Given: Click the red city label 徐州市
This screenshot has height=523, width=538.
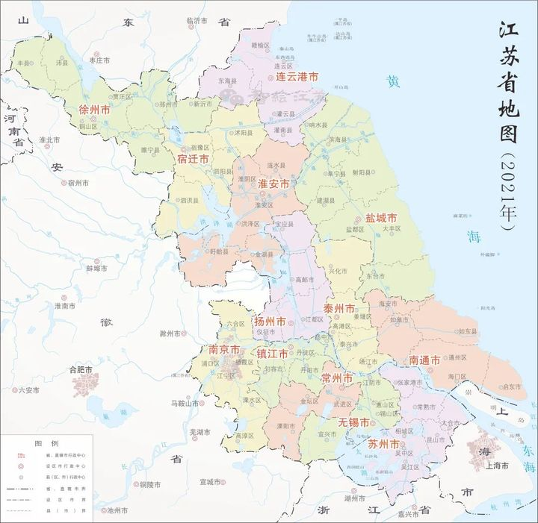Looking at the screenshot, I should coord(95,110).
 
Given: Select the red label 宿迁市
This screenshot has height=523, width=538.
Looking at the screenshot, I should coord(194,158).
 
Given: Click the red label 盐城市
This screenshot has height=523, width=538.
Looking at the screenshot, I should coord(380,219).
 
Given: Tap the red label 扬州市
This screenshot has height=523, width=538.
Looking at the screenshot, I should coord(270,322).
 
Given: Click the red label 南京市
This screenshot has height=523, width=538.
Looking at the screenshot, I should coord(224,350).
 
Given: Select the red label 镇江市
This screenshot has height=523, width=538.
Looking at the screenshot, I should coord(273,353).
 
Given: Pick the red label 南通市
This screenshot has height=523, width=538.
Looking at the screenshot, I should coord(425,360).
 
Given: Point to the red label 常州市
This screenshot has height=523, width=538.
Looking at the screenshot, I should coord(336,378).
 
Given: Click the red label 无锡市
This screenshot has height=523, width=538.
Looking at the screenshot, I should coord(353,422).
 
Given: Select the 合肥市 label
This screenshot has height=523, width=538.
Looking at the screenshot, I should coord(80,369).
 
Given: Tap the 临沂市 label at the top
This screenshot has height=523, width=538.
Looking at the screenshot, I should coord(197,21).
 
